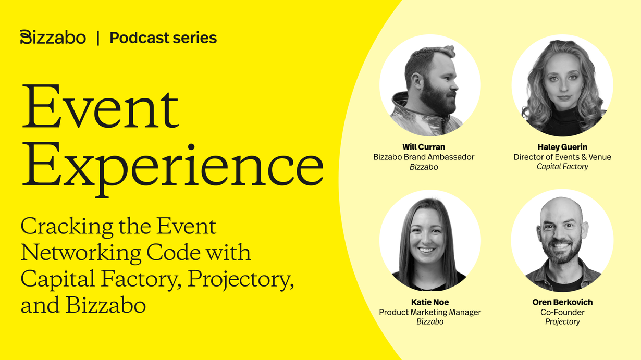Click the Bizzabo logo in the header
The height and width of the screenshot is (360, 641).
click(x=53, y=37)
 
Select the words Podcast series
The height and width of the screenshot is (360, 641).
click(x=163, y=38)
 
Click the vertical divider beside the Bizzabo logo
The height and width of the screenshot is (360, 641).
click(x=98, y=38)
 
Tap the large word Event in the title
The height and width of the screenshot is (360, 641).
click(x=100, y=106)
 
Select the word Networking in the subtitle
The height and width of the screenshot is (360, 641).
click(x=81, y=254)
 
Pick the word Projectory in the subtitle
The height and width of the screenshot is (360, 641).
click(x=240, y=279)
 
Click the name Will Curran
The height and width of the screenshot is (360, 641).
click(x=424, y=147)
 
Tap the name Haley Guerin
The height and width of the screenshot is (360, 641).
click(x=562, y=147)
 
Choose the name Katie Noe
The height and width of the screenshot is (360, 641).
click(x=430, y=302)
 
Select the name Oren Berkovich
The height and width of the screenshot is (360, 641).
click(x=562, y=302)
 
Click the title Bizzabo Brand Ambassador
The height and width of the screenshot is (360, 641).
click(x=424, y=157)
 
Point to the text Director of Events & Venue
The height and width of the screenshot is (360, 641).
click(x=562, y=157)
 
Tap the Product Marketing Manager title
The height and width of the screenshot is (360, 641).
click(x=430, y=312)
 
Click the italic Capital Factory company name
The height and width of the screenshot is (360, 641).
click(x=562, y=167)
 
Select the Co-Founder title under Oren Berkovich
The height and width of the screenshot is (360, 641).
click(x=562, y=312)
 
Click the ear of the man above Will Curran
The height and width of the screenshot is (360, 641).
click(x=416, y=81)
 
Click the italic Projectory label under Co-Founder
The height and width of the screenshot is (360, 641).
click(x=562, y=322)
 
